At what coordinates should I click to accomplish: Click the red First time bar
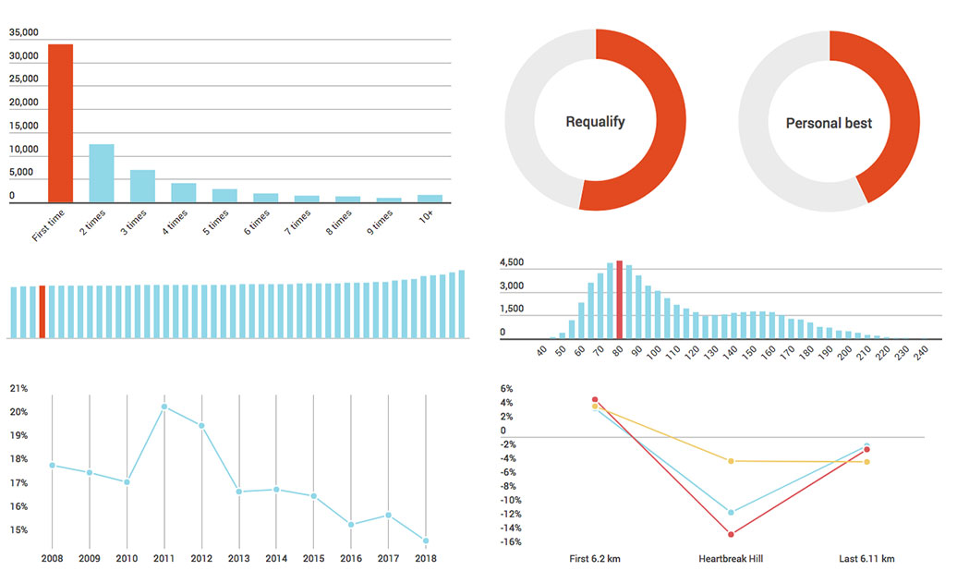click(61, 123)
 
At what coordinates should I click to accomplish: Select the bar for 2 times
click(102, 173)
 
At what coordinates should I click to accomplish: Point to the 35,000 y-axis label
click(24, 32)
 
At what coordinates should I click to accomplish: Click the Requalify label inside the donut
click(595, 122)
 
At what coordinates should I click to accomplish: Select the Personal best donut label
click(829, 123)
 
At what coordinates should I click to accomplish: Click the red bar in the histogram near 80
click(619, 300)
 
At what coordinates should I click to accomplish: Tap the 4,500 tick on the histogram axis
click(513, 263)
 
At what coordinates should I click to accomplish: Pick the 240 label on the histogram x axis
click(920, 353)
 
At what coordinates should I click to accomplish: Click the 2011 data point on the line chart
click(164, 407)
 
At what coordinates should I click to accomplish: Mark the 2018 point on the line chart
click(426, 540)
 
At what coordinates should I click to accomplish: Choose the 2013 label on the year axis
click(239, 558)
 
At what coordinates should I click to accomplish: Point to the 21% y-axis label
click(19, 388)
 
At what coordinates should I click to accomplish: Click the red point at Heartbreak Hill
click(731, 534)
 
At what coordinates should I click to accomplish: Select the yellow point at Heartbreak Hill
click(731, 461)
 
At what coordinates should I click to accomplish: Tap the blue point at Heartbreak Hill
click(731, 512)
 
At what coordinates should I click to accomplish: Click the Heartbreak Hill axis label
click(731, 558)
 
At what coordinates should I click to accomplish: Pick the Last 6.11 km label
click(866, 558)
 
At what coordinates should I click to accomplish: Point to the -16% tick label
click(511, 542)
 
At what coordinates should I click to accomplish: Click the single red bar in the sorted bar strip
click(42, 311)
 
